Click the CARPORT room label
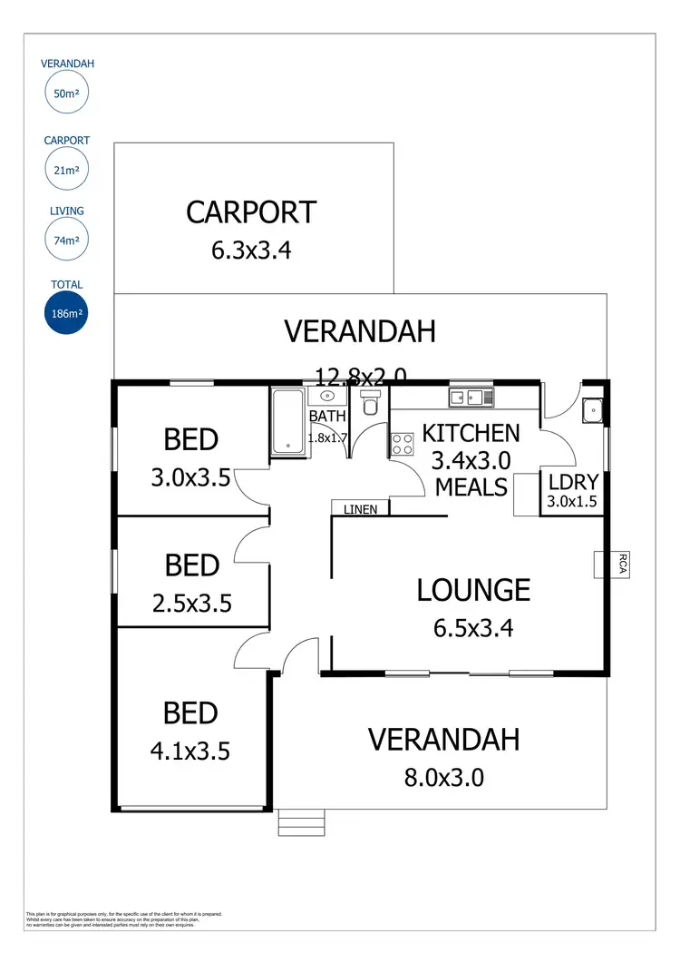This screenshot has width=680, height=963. tap(251, 212)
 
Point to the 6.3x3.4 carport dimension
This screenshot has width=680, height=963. tap(251, 251)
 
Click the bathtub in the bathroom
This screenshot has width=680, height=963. tap(288, 422)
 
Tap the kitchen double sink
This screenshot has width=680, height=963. tap(470, 397)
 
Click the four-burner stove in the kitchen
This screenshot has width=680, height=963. tap(402, 445)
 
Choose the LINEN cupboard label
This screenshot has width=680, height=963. tap(360, 509)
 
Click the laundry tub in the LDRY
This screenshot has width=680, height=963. tap(594, 410)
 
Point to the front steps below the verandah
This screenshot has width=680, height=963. tap(301, 822)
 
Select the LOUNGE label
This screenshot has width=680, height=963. tap(473, 590)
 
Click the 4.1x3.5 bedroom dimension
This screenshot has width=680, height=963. tap(191, 751)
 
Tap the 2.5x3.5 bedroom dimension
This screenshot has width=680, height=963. tap(191, 603)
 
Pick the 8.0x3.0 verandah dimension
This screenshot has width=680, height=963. tap(443, 777)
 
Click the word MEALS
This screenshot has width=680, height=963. tap(471, 487)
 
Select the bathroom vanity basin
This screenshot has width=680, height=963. tap(326, 397)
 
